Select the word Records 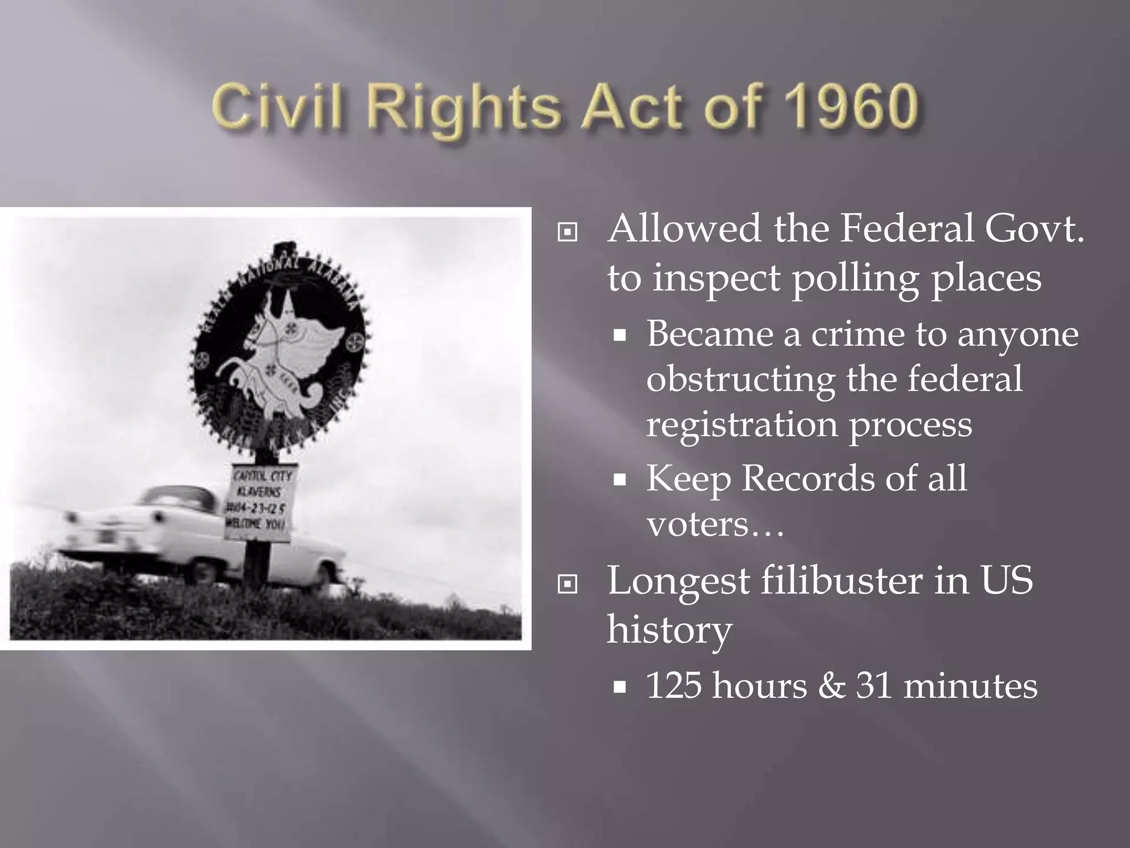[x=808, y=478]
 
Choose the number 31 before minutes [x=874, y=686]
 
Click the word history [x=669, y=630]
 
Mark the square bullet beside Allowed [x=567, y=232]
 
